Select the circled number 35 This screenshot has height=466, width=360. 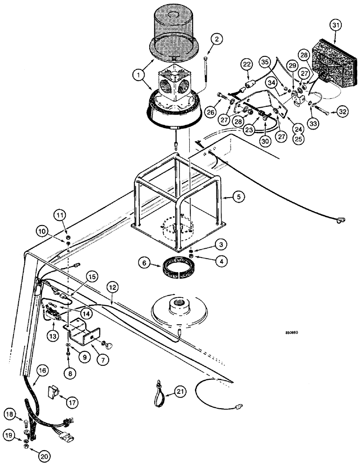265,61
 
